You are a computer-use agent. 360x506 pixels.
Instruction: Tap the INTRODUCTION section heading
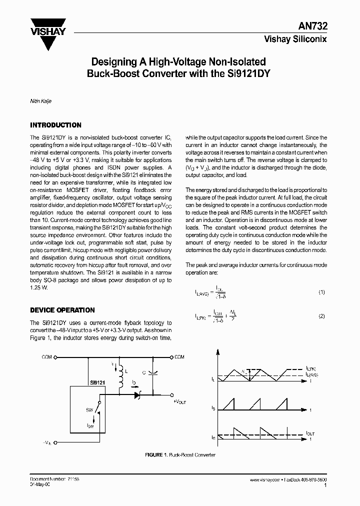coord(55,125)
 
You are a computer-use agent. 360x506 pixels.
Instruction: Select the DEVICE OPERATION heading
coord(62,310)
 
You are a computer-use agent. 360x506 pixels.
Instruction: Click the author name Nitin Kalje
coord(41,100)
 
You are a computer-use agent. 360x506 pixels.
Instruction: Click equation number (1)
coord(322,292)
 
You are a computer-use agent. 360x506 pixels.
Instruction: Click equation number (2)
coord(322,316)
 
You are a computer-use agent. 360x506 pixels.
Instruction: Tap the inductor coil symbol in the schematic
coord(120,379)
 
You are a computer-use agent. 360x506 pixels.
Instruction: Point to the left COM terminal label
coord(46,357)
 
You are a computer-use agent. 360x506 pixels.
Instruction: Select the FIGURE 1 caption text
coord(180,455)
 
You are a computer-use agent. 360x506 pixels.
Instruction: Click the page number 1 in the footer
coord(325,485)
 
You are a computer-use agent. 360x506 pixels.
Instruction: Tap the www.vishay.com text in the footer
coord(266,479)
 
